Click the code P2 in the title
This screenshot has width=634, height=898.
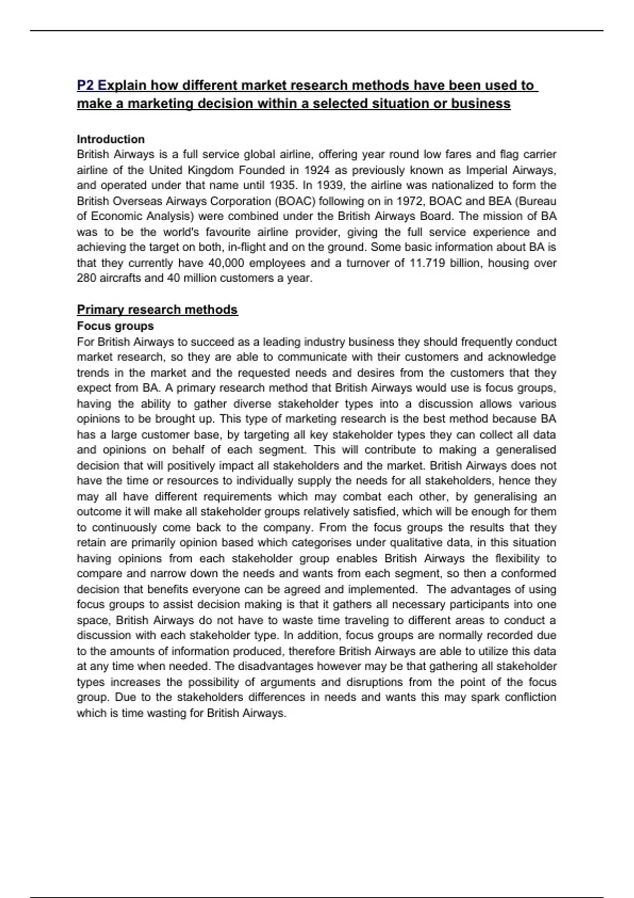pyautogui.click(x=86, y=85)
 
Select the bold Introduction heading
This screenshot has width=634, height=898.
pyautogui.click(x=110, y=139)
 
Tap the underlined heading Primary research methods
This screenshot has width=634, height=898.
pyautogui.click(x=157, y=310)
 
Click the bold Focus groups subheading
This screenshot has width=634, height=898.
pyautogui.click(x=115, y=326)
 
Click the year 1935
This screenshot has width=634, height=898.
pyautogui.click(x=283, y=185)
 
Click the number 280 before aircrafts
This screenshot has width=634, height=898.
pyautogui.click(x=87, y=278)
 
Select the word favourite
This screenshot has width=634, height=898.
pyautogui.click(x=228, y=232)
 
